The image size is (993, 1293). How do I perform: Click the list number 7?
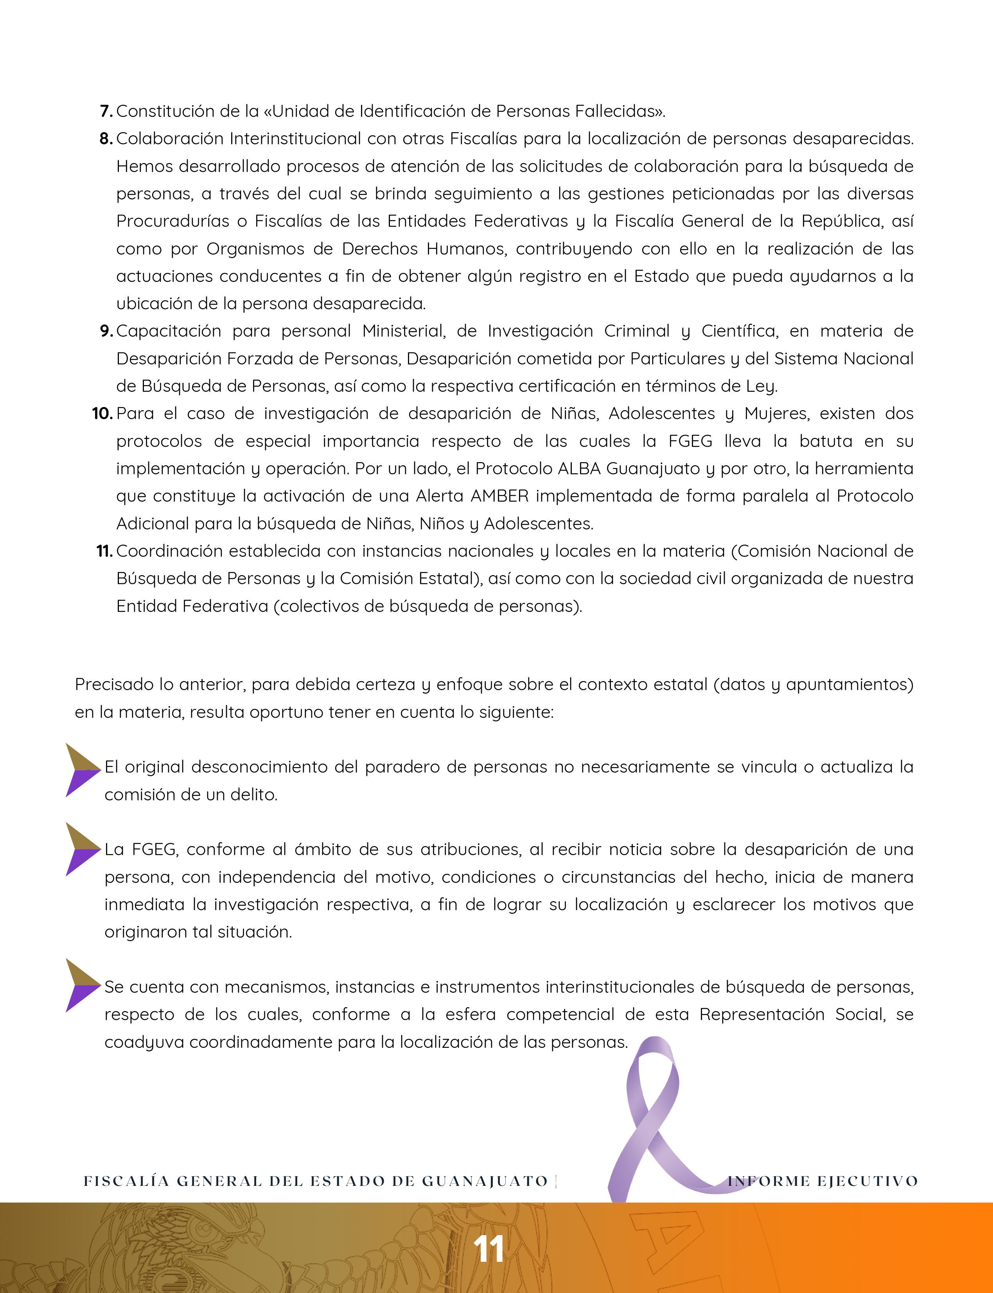(106, 111)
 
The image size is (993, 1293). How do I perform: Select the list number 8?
(106, 139)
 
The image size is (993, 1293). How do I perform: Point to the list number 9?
(106, 332)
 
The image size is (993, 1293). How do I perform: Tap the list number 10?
(102, 414)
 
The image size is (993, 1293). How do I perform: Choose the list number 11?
(104, 551)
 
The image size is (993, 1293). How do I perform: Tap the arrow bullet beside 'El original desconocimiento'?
(82, 770)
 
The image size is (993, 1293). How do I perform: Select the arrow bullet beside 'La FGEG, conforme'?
(82, 849)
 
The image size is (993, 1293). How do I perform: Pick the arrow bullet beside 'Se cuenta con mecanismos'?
(82, 986)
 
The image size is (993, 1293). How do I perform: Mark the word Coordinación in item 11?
(169, 551)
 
